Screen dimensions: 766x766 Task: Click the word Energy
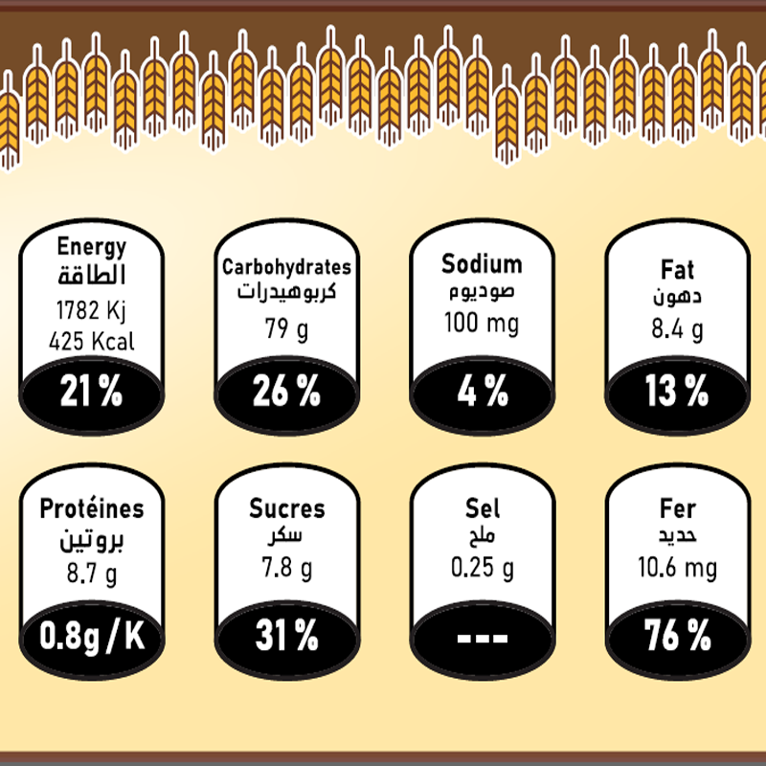[x=92, y=246]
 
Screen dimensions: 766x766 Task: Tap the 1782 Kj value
[x=92, y=311]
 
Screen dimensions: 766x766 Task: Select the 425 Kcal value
[x=93, y=341]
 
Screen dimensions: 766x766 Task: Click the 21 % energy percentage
[x=92, y=392]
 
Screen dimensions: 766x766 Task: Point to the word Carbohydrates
[x=286, y=268]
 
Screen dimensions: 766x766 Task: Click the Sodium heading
[x=482, y=264]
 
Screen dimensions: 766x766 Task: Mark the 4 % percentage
[x=482, y=392]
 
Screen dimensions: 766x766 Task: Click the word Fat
[x=677, y=270]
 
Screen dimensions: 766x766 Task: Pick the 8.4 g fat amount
[x=677, y=330]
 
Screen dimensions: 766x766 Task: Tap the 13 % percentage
[x=677, y=392]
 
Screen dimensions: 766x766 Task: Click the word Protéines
[x=92, y=509]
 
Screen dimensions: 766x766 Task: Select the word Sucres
[x=286, y=509]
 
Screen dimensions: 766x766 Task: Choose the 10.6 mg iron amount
[x=677, y=570]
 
